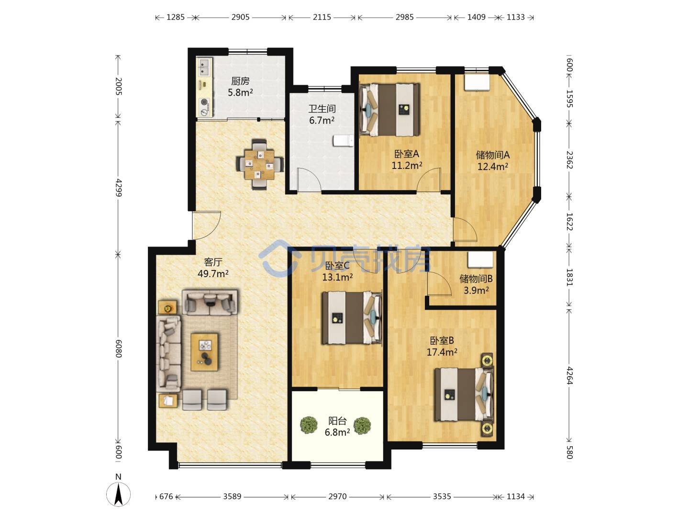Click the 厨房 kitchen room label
[x=240, y=81]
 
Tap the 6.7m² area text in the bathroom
[x=322, y=120]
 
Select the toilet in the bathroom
[x=343, y=141]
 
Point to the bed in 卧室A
[x=389, y=110]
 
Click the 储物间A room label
[x=492, y=155]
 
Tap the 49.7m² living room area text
[x=213, y=274]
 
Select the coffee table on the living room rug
[x=204, y=352]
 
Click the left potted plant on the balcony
[x=309, y=426]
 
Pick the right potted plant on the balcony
[x=362, y=426]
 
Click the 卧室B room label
[x=442, y=340]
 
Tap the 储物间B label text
[x=476, y=279]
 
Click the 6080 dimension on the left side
[x=118, y=348]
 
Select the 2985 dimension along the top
[x=405, y=17]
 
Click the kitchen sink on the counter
[x=204, y=67]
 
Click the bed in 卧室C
[x=352, y=318]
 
